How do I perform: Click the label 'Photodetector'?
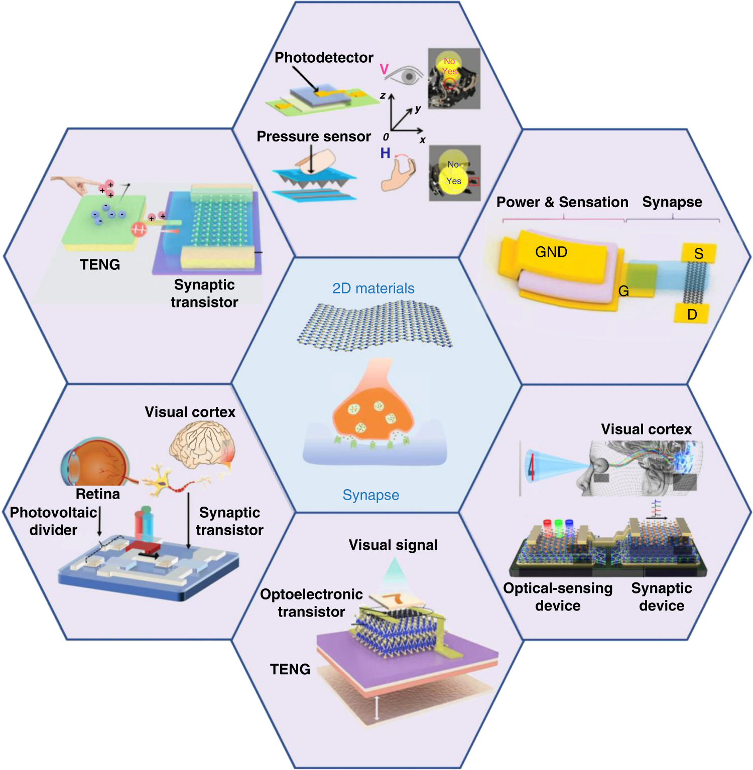click(324, 58)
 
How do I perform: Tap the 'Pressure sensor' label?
click(314, 136)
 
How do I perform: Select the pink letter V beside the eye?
click(384, 70)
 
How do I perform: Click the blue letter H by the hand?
click(385, 153)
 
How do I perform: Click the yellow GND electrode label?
click(551, 252)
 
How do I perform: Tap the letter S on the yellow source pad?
click(698, 254)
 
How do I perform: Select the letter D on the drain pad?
click(692, 315)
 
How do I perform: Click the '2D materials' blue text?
click(373, 288)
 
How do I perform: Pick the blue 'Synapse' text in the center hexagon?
click(370, 495)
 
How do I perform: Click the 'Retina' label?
click(98, 494)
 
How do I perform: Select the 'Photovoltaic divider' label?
click(53, 521)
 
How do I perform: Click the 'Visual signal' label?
click(393, 545)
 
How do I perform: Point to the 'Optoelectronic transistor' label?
click(311, 603)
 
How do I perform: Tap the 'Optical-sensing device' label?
click(558, 597)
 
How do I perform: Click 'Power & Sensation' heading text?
click(562, 202)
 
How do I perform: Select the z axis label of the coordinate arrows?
click(383, 96)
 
